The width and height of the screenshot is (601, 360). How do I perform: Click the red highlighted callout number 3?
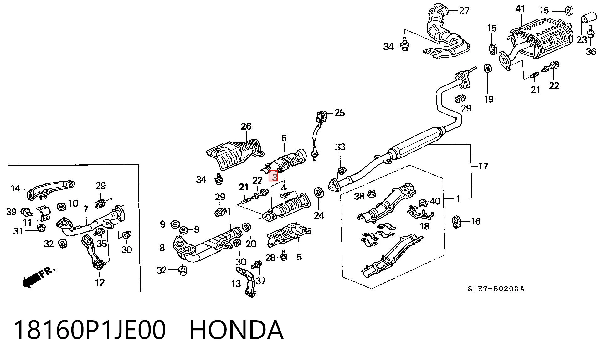(274, 176)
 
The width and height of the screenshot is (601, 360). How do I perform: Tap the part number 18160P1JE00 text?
(90, 330)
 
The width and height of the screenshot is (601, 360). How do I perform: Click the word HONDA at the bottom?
(237, 330)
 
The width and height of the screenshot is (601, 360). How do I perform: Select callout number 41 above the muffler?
(520, 9)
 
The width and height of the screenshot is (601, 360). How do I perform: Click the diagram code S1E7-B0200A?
(496, 289)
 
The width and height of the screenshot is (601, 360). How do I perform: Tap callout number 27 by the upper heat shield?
(465, 10)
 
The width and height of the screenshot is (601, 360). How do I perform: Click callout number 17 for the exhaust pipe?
(483, 166)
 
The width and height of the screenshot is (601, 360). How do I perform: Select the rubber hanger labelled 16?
(457, 221)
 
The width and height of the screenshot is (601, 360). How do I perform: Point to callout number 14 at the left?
(15, 188)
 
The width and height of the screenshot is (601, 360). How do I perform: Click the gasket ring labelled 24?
(319, 193)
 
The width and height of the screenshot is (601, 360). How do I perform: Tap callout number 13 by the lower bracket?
(236, 284)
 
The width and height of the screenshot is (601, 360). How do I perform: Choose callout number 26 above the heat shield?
(246, 126)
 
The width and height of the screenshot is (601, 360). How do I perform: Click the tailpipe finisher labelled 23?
(587, 13)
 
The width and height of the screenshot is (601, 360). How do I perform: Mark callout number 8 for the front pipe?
(162, 248)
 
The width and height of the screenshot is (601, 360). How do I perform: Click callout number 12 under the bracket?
(100, 282)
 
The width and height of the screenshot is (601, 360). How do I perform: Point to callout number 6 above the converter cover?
(284, 138)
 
